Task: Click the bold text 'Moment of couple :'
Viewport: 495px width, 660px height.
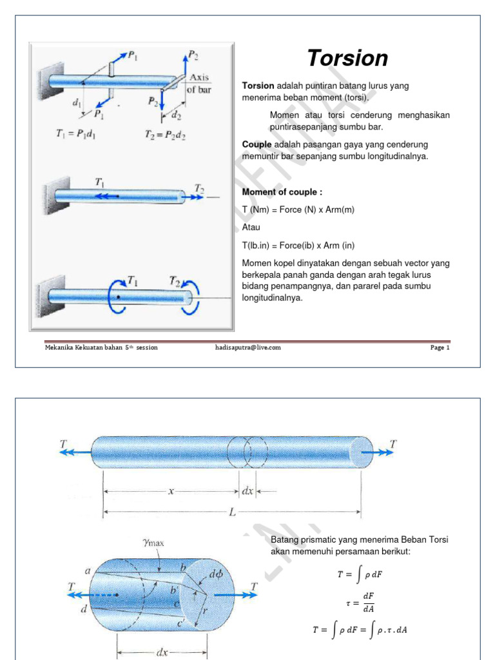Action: pyautogui.click(x=282, y=192)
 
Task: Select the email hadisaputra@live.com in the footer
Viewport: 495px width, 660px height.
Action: pyautogui.click(x=248, y=347)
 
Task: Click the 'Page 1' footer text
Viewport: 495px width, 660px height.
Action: pyautogui.click(x=440, y=347)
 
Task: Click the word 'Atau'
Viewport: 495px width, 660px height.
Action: pyautogui.click(x=251, y=228)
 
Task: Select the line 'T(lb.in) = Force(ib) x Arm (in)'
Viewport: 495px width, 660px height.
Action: pyautogui.click(x=298, y=246)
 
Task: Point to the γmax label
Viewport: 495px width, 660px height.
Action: pyautogui.click(x=153, y=543)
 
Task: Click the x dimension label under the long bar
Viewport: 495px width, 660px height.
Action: pyautogui.click(x=171, y=491)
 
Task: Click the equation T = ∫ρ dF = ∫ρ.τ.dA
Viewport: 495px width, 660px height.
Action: pyautogui.click(x=359, y=630)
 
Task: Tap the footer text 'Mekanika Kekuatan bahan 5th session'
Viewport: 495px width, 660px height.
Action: pyautogui.click(x=101, y=347)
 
